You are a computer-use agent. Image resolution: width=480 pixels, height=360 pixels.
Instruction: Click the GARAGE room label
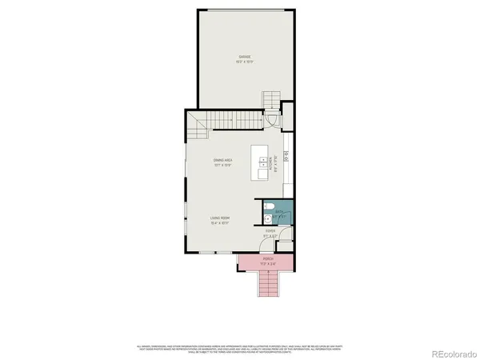point(244,57)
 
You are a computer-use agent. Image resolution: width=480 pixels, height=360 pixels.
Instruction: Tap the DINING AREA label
point(222,161)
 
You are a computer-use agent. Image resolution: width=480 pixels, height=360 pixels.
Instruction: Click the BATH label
point(279,211)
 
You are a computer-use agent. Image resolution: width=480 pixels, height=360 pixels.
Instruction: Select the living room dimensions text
point(222,222)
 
